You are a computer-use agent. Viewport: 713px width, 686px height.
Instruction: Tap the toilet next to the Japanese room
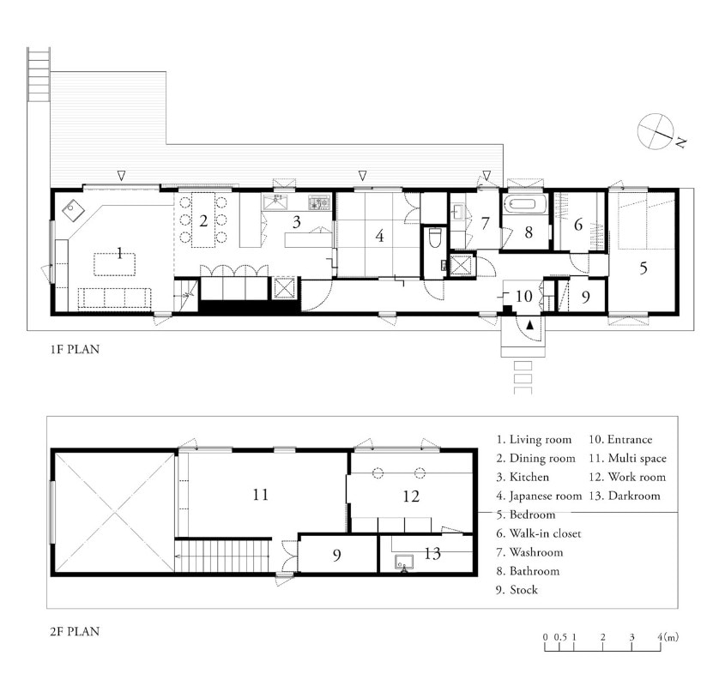pyautogui.click(x=435, y=238)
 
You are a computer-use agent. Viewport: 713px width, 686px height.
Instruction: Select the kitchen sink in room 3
pyautogui.click(x=276, y=202)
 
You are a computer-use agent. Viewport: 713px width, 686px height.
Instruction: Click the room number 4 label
pyautogui.click(x=380, y=236)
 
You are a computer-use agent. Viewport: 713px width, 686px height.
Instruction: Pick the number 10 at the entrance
pyautogui.click(x=524, y=296)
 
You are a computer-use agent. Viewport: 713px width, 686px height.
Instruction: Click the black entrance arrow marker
pyautogui.click(x=529, y=325)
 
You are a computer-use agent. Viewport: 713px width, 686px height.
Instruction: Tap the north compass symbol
pyautogui.click(x=656, y=131)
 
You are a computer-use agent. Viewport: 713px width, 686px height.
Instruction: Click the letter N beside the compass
pyautogui.click(x=680, y=142)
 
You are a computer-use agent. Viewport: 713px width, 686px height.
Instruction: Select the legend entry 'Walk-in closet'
pyautogui.click(x=539, y=533)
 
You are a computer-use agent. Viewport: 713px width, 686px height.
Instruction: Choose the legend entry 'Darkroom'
pyautogui.click(x=625, y=496)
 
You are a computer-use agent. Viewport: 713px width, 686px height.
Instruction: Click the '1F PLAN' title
pyautogui.click(x=75, y=349)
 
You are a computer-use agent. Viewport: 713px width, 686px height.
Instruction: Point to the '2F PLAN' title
pyautogui.click(x=75, y=631)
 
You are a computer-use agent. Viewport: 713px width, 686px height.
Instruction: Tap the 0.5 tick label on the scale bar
pyautogui.click(x=560, y=637)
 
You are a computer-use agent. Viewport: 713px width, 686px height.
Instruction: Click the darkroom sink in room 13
pyautogui.click(x=404, y=562)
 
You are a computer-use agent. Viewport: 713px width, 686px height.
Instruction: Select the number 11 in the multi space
pyautogui.click(x=261, y=494)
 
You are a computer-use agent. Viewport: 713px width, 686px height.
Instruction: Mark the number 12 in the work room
pyautogui.click(x=411, y=496)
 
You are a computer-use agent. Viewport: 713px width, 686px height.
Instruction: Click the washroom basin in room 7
pyautogui.click(x=457, y=212)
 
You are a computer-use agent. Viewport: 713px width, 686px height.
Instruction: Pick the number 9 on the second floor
pyautogui.click(x=336, y=555)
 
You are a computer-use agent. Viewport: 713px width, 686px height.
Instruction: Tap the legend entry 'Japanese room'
pyautogui.click(x=540, y=496)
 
